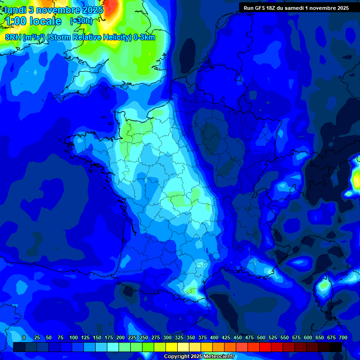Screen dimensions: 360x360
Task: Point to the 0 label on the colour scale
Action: click(x=24, y=337)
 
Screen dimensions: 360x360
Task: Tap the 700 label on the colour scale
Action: click(x=343, y=337)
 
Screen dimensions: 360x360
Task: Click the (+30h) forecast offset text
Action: click(x=81, y=21)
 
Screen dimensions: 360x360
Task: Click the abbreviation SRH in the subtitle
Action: click(x=13, y=37)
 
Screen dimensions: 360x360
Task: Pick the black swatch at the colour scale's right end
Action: click(x=336, y=347)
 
